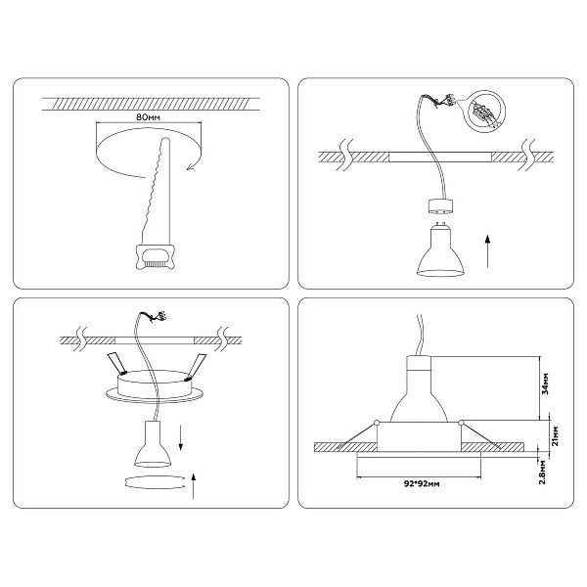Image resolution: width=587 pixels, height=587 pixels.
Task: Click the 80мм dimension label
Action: click(148, 116)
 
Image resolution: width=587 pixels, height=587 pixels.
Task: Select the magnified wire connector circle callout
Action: click(484, 111)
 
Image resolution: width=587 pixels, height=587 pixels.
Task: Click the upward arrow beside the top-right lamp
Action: click(487, 250)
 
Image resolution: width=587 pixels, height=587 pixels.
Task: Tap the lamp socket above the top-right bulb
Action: click(440, 207)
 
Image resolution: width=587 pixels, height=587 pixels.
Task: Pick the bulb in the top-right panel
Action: click(440, 250)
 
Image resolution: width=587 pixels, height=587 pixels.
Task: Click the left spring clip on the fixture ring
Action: click(116, 364)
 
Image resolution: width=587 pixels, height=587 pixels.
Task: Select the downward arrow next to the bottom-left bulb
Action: click(180, 437)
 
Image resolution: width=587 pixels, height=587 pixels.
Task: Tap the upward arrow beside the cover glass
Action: click(193, 486)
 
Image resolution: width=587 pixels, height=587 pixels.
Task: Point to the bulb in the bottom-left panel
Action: click(153, 444)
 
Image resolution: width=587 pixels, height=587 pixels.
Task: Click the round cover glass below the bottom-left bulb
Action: click(154, 481)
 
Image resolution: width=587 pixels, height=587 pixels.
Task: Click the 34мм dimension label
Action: click(546, 384)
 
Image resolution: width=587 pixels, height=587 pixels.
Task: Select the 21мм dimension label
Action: click(556, 435)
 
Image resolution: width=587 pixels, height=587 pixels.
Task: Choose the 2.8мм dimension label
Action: click(542, 473)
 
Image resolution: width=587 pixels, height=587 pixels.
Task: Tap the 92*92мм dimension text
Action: click(422, 483)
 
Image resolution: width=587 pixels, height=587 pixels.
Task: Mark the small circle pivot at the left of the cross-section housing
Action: click(377, 423)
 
